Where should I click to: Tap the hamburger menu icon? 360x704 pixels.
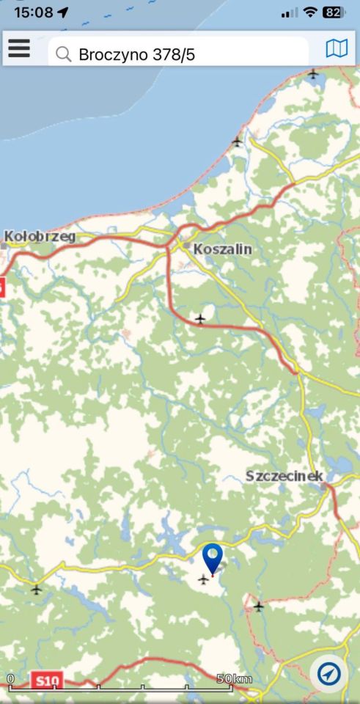(x=19, y=48)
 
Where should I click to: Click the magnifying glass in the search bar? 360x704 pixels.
(x=64, y=54)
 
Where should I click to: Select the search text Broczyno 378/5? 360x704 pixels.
(x=137, y=54)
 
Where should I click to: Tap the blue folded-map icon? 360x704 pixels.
(x=337, y=49)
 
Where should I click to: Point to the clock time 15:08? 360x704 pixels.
(x=33, y=12)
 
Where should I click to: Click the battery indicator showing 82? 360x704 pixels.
(x=333, y=12)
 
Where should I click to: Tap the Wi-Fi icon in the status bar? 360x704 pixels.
(x=310, y=12)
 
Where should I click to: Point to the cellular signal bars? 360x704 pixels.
(x=290, y=12)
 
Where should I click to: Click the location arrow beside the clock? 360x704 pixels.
(x=62, y=12)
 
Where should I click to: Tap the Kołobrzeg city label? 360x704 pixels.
(x=40, y=236)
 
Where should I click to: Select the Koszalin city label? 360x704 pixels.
(x=222, y=249)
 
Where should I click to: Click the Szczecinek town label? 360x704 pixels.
(x=284, y=476)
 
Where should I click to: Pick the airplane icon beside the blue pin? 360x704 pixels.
(x=203, y=579)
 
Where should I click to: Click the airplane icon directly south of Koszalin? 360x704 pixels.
(x=200, y=318)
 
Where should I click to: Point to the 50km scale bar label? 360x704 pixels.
(x=234, y=679)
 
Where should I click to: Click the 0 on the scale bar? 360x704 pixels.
(x=10, y=679)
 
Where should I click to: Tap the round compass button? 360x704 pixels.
(x=329, y=672)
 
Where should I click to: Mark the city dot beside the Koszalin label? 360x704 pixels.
(x=187, y=246)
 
